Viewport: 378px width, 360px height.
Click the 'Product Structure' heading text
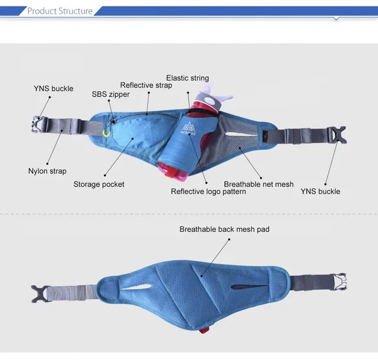[x=60, y=11]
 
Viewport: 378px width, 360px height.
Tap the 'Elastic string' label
[x=187, y=78]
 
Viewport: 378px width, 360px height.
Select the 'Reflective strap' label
[x=146, y=86]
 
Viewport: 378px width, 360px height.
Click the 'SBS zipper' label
[x=110, y=94]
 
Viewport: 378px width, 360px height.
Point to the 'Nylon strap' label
[x=47, y=171]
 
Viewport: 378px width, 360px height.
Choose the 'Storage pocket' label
[x=99, y=184]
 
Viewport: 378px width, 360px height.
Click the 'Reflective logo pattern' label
[x=208, y=192]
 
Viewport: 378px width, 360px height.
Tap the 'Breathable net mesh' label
[x=259, y=184]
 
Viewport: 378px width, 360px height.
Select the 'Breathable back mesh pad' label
[x=224, y=229]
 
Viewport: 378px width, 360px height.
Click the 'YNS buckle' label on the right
[x=320, y=192]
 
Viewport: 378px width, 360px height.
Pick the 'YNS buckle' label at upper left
[x=53, y=89]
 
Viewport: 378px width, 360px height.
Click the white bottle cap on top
[x=212, y=95]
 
